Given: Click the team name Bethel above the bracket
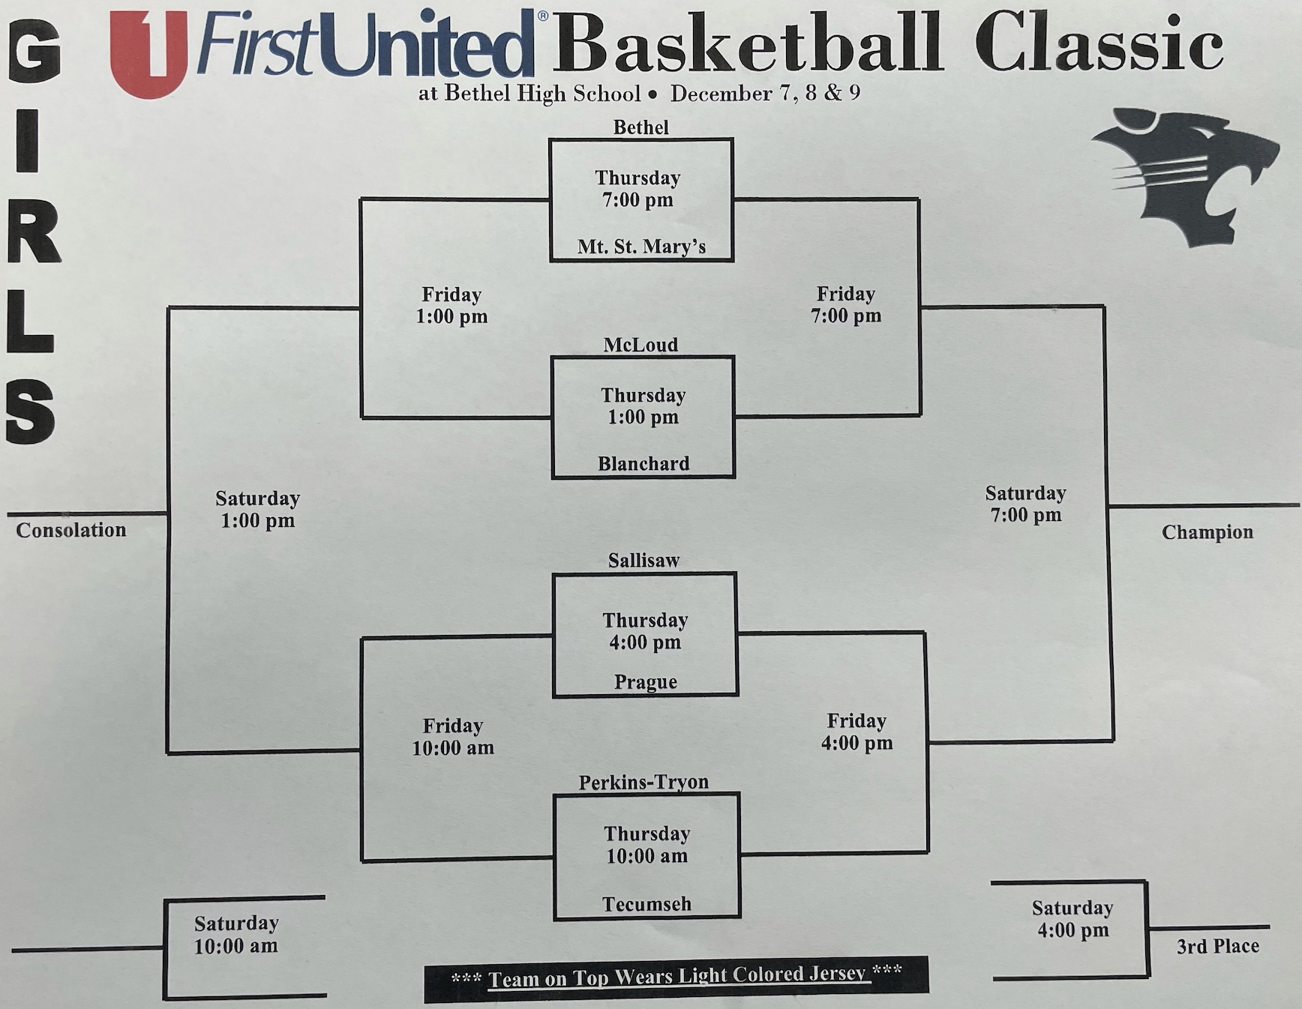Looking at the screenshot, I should [x=640, y=127].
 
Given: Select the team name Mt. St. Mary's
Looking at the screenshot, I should [x=641, y=247].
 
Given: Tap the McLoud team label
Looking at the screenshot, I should [x=640, y=345].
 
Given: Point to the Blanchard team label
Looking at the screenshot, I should [x=643, y=464].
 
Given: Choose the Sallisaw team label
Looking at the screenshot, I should [x=643, y=560].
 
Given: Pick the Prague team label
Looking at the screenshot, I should [x=645, y=682].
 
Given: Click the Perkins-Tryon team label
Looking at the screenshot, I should [x=643, y=782].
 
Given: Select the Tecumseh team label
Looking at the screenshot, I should [x=646, y=904].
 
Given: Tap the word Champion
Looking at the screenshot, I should [x=1207, y=532].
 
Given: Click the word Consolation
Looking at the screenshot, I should [x=71, y=530].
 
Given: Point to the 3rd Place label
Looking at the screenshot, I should [x=1217, y=946].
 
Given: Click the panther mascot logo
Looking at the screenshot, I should [x=1185, y=176].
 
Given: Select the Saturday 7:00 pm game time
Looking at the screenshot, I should [x=1025, y=504].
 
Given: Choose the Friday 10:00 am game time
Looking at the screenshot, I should [x=453, y=736].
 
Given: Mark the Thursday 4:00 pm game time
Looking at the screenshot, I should [x=645, y=631].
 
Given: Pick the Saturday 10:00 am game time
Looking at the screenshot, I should [x=236, y=934].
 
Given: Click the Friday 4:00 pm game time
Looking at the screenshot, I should [x=856, y=732].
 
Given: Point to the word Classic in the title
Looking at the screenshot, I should [x=1099, y=43].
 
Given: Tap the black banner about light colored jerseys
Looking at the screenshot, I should [x=676, y=978].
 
